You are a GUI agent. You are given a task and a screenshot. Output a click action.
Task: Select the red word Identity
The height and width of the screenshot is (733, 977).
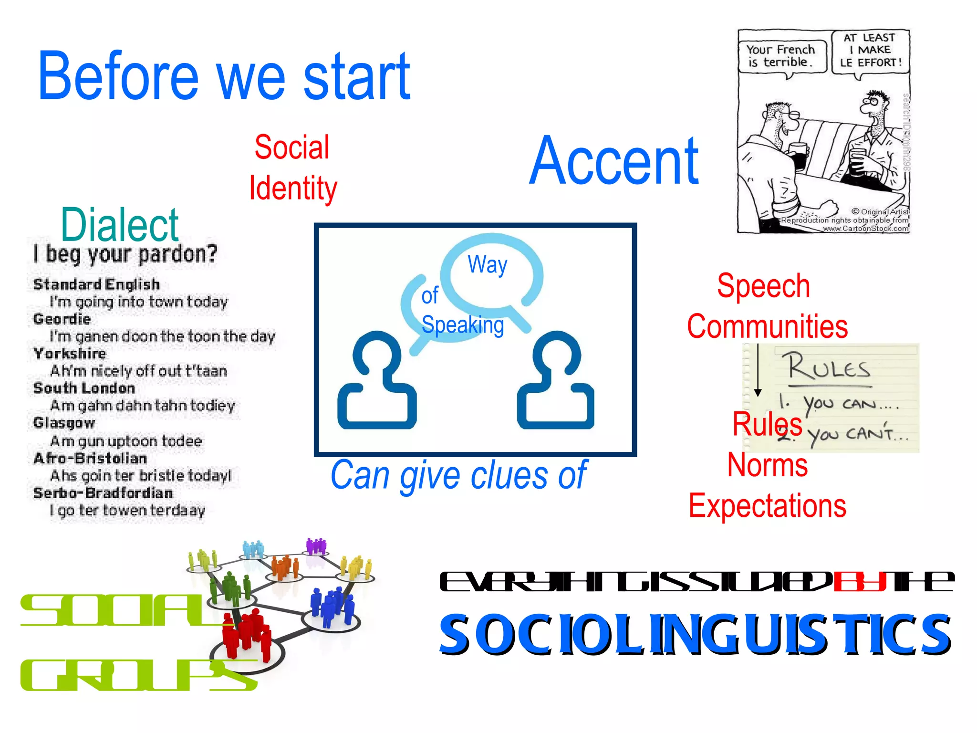tap(293, 188)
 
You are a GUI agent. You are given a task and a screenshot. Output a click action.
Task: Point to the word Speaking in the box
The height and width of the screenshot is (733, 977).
tap(463, 325)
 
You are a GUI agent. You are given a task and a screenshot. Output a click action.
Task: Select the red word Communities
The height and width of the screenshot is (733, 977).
tap(767, 327)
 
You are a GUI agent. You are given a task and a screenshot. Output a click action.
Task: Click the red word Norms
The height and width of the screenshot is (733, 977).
tap(767, 465)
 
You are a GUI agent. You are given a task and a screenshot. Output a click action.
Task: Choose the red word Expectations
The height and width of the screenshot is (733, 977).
tap(767, 506)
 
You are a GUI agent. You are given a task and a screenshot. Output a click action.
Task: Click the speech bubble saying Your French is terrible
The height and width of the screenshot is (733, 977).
tap(781, 56)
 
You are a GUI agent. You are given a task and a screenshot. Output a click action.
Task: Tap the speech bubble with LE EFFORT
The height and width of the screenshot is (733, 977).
tap(871, 51)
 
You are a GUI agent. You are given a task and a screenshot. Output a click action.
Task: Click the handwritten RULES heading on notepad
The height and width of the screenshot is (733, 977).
tap(829, 367)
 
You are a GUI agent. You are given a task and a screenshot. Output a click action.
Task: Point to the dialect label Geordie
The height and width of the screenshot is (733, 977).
tap(62, 319)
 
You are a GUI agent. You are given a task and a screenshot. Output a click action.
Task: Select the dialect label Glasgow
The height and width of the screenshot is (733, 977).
tap(64, 423)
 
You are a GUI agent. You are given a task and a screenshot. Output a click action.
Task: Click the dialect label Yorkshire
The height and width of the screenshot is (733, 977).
tap(70, 354)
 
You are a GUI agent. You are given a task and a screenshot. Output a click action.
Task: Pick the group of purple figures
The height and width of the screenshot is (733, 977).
tap(316, 545)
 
